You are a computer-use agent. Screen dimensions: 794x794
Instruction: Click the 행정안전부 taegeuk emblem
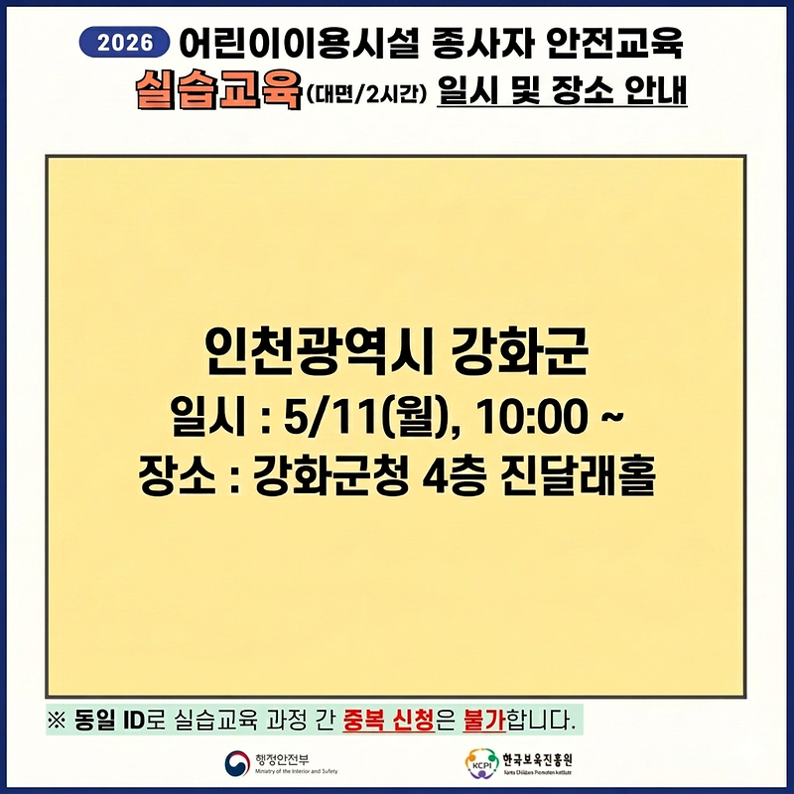tap(239, 763)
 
